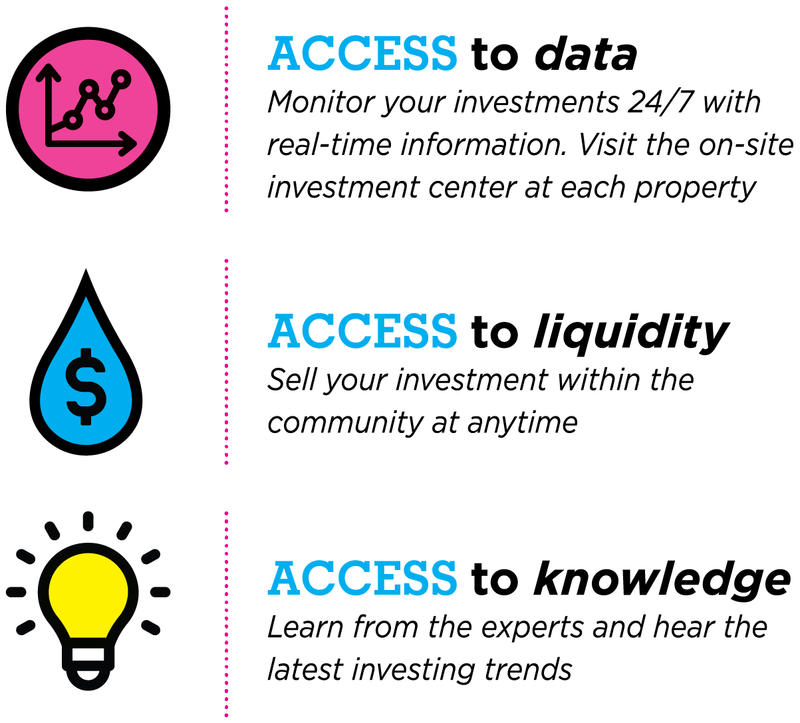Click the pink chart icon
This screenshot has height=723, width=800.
[88, 110]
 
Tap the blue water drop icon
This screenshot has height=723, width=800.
[86, 372]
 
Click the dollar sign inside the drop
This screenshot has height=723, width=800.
[86, 386]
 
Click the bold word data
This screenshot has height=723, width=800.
[585, 55]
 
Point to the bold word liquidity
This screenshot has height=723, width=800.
[630, 333]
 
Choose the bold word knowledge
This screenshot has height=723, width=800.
[662, 579]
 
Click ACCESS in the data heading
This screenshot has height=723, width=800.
[362, 55]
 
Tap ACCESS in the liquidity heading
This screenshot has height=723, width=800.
[362, 332]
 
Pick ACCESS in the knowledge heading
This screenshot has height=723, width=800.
[362, 579]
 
